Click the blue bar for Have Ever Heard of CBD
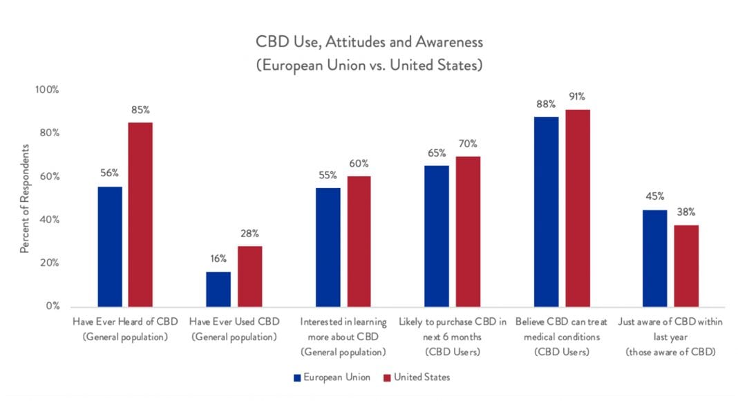[x=110, y=247]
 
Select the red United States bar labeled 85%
[x=141, y=214]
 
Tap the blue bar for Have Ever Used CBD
[x=218, y=289]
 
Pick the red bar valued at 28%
[x=249, y=277]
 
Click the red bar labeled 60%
[x=359, y=241]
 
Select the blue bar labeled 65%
[x=436, y=236]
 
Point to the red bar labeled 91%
[x=576, y=207]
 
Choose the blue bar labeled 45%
[x=654, y=258]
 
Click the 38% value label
[x=686, y=212]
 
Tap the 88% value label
[x=545, y=104]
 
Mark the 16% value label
[x=218, y=259]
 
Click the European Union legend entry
[x=330, y=377]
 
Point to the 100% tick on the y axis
[x=48, y=90]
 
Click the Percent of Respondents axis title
[x=24, y=198]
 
